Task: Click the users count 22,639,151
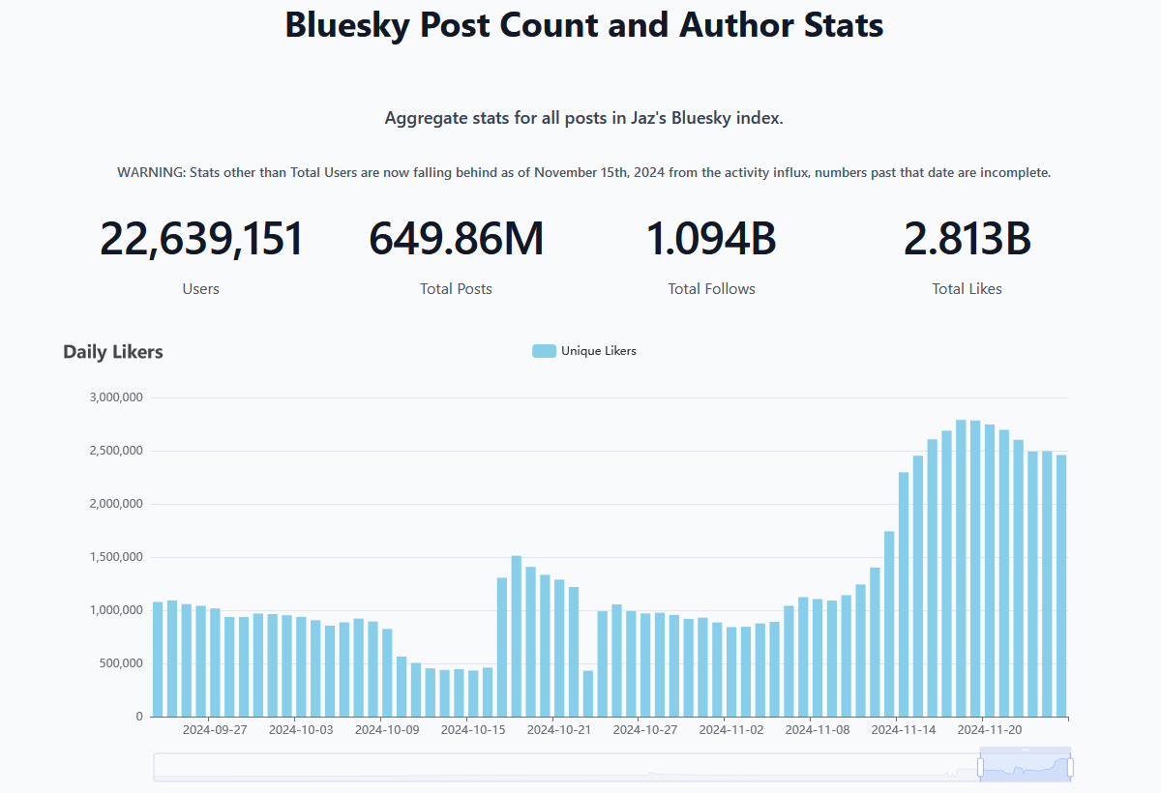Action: click(201, 240)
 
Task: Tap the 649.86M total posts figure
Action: click(456, 240)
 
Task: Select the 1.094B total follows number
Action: click(711, 240)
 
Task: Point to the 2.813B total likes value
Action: click(967, 240)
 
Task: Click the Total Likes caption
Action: click(967, 289)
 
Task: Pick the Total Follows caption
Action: click(711, 289)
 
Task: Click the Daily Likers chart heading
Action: click(113, 352)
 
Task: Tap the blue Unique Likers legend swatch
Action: click(544, 351)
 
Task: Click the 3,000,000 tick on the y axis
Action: click(116, 397)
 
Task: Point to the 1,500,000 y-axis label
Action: click(116, 557)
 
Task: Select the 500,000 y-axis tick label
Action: click(121, 663)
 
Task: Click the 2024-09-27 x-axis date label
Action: click(215, 730)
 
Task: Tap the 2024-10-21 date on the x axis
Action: click(559, 730)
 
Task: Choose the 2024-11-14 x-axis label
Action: click(904, 730)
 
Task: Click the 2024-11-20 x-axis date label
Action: click(990, 730)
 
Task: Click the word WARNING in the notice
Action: click(151, 173)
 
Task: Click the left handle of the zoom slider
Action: click(980, 768)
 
